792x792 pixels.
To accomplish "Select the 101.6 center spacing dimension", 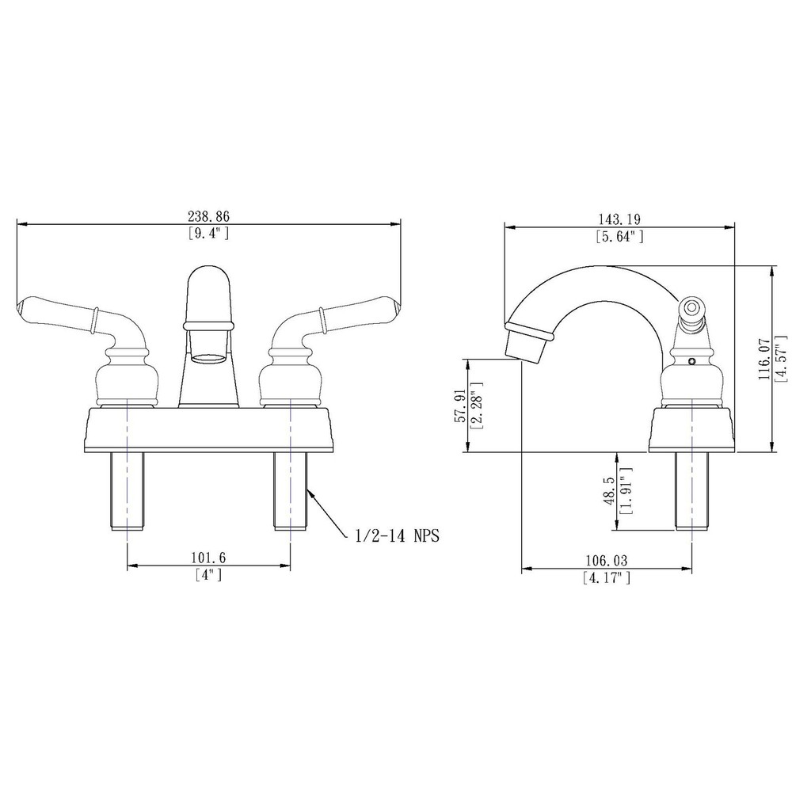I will (209, 558).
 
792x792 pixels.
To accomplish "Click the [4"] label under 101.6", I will (208, 576).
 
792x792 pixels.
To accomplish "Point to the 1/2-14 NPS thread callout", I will (394, 536).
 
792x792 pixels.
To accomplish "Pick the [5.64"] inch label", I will (619, 236).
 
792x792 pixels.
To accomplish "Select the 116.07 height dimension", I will (764, 358).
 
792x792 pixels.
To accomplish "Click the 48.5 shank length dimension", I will (608, 491).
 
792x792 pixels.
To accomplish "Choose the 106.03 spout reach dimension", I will (606, 561).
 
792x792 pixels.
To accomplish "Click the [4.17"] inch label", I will (606, 578).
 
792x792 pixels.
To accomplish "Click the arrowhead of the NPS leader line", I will (310, 493).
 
